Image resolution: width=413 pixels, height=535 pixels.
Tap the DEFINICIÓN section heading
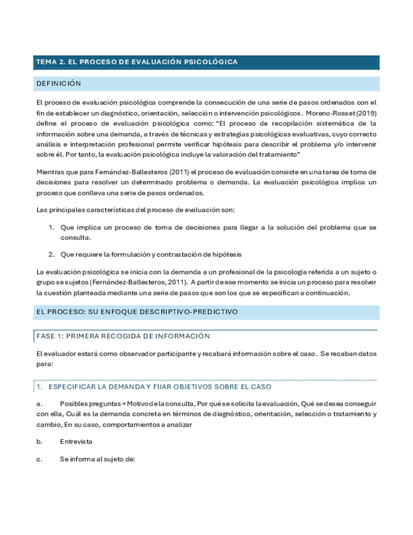pyautogui.click(x=59, y=83)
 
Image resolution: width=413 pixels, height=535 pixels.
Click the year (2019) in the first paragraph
pyautogui.click(x=365, y=112)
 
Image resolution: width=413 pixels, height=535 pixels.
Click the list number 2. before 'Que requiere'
pyautogui.click(x=52, y=254)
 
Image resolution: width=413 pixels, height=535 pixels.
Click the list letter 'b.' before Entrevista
pyautogui.click(x=40, y=442)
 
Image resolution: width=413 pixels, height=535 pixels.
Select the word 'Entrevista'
pyautogui.click(x=76, y=442)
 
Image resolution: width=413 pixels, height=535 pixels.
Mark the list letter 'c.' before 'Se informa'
pyautogui.click(x=40, y=459)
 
